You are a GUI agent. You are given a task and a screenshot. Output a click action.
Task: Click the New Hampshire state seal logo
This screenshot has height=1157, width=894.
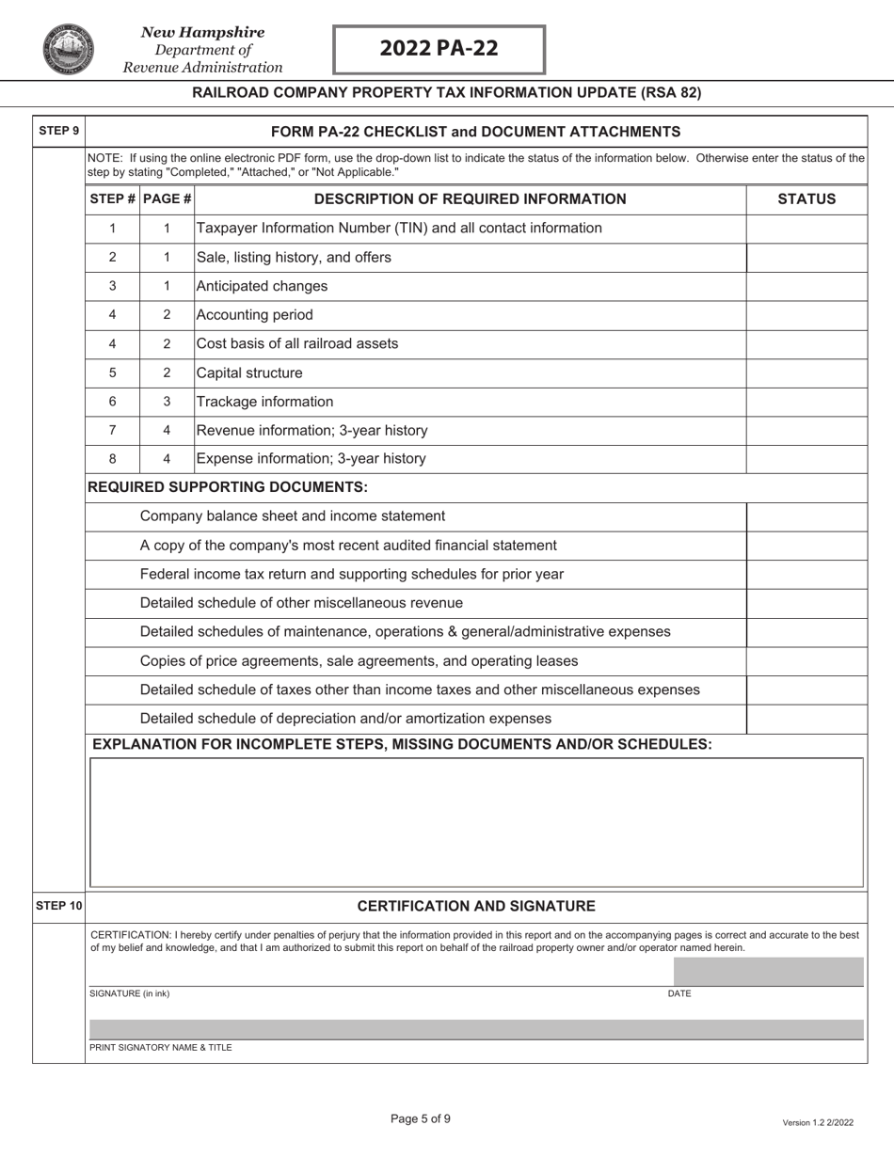click(68, 50)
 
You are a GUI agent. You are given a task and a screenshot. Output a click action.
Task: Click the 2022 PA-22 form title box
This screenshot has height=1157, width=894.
click(439, 50)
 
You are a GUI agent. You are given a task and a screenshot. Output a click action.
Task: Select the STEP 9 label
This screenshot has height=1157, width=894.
click(58, 131)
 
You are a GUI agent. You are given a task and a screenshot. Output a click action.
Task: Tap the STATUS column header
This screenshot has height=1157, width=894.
click(806, 198)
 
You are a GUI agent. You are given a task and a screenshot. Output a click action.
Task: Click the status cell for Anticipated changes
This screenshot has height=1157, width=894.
click(806, 286)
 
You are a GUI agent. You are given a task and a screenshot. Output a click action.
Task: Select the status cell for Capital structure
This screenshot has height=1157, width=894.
click(806, 372)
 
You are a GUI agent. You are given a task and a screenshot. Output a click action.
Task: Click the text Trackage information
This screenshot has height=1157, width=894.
click(264, 402)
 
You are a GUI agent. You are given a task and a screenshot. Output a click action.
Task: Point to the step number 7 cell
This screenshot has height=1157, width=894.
click(113, 430)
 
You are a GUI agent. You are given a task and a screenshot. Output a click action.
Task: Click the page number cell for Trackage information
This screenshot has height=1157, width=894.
click(167, 402)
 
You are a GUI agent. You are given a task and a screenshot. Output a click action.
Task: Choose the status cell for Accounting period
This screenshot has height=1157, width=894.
click(806, 315)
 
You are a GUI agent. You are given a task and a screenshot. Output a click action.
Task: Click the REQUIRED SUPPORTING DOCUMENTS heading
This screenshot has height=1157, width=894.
click(227, 487)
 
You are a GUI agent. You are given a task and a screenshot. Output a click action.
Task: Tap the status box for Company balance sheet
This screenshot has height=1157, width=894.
click(806, 515)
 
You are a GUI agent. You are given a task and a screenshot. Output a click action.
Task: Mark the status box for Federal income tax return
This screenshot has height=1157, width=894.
click(806, 574)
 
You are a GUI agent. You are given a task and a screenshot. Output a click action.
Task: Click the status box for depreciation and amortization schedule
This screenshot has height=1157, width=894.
click(806, 719)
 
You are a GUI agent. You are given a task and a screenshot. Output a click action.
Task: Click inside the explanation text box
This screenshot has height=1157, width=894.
click(475, 822)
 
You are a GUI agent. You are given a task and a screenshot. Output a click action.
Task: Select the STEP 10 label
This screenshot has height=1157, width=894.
click(58, 906)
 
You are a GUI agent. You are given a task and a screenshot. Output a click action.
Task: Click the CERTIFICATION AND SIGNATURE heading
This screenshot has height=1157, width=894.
click(476, 906)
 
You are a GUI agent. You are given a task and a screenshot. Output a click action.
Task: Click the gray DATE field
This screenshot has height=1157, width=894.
click(768, 972)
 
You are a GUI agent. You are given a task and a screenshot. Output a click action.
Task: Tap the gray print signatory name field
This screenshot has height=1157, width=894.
click(475, 1029)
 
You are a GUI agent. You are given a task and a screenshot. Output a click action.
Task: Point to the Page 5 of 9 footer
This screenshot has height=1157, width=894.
click(421, 1118)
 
